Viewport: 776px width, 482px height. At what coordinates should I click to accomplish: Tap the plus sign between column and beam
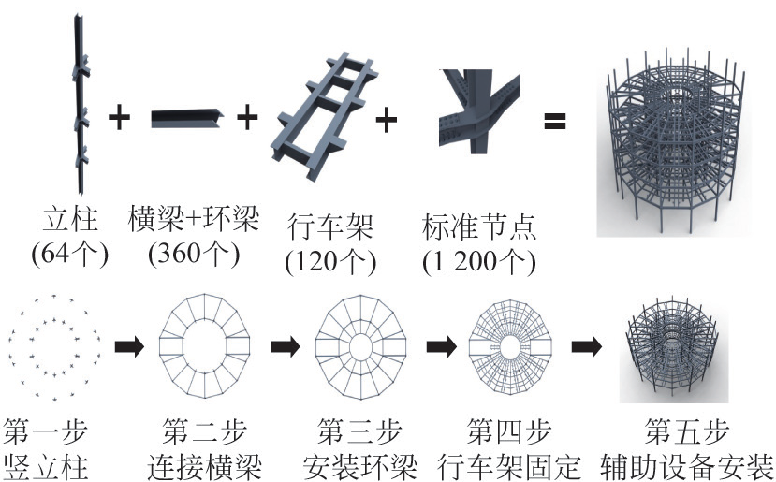click(119, 119)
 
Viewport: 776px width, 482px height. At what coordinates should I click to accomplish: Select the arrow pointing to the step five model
click(588, 346)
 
